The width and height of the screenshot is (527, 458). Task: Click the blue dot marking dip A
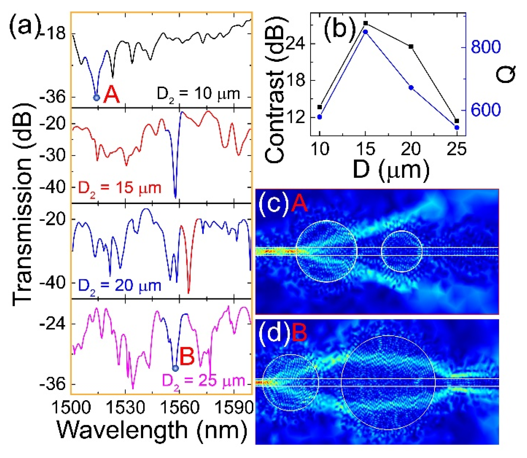click(96, 98)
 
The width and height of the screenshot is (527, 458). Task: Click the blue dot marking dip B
click(175, 368)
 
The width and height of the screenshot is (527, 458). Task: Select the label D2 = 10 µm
click(198, 94)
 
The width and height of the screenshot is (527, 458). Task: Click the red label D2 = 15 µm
click(120, 188)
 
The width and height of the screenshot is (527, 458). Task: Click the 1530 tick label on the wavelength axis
click(125, 408)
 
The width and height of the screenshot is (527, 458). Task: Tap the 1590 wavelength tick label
click(234, 408)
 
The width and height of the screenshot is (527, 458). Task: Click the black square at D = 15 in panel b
click(366, 23)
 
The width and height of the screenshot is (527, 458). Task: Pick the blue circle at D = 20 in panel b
click(411, 88)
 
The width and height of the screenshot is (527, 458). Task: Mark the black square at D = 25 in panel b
click(457, 121)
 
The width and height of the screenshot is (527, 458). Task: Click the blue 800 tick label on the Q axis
click(486, 47)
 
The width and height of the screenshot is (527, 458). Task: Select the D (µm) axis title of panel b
click(391, 171)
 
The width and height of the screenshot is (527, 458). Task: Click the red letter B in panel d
click(299, 334)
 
